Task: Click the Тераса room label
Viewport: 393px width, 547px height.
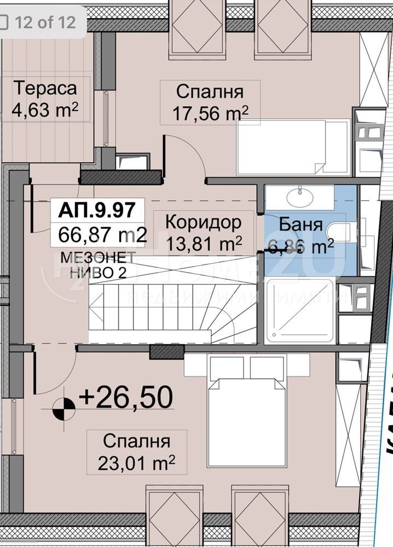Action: pos(45,88)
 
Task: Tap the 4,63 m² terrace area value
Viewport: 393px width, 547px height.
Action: pos(45,111)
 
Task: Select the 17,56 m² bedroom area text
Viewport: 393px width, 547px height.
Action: pos(211,113)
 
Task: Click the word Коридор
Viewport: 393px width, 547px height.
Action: pos(203,222)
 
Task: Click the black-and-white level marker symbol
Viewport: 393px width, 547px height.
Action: pos(64,408)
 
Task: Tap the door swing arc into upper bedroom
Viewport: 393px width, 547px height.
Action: pos(189,153)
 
